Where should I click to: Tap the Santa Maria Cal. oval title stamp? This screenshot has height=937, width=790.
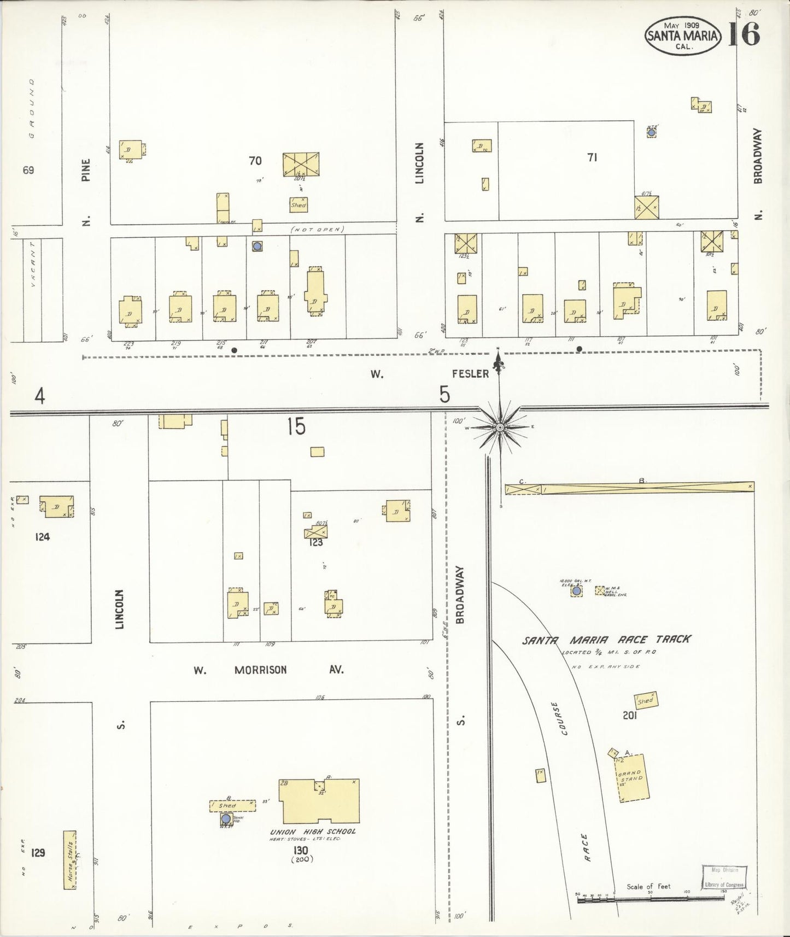(683, 36)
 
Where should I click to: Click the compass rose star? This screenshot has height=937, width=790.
(499, 426)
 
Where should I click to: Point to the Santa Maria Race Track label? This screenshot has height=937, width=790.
(606, 640)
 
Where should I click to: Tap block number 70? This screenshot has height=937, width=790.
(255, 161)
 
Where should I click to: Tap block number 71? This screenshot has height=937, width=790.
(592, 157)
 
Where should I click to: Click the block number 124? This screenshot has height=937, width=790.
(42, 537)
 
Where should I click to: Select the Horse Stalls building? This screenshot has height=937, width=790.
(69, 868)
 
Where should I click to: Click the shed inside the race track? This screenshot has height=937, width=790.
(646, 700)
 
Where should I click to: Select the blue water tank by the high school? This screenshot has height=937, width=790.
(226, 819)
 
